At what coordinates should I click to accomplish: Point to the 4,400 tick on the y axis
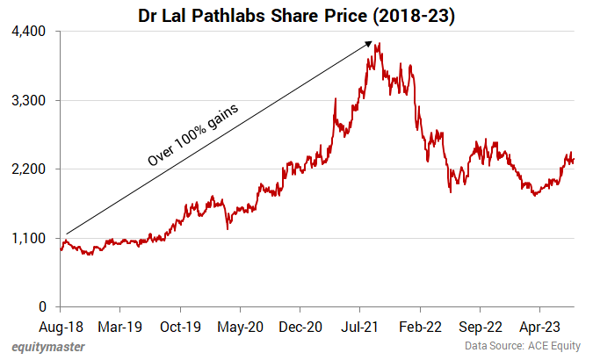(x=29, y=32)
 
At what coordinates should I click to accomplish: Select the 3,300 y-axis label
(x=29, y=100)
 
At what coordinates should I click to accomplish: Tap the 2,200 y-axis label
(x=29, y=169)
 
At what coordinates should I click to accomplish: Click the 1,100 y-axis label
(x=29, y=238)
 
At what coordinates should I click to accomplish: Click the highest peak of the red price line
(x=377, y=44)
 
